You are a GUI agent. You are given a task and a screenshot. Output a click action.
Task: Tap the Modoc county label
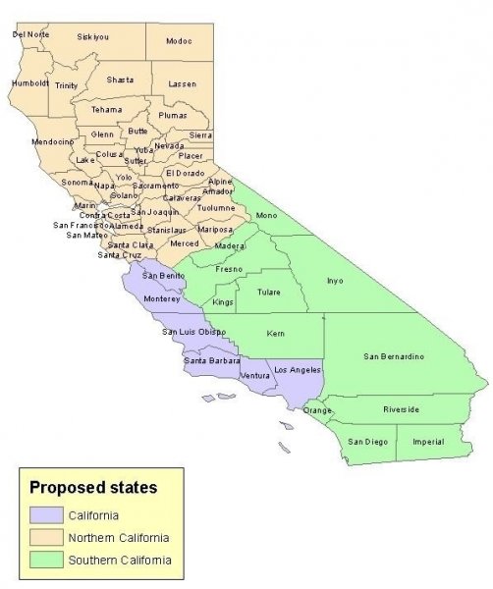pyautogui.click(x=179, y=40)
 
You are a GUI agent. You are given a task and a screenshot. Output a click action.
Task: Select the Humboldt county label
pyautogui.click(x=30, y=83)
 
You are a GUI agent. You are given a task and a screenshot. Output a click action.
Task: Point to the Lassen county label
pyautogui.click(x=183, y=84)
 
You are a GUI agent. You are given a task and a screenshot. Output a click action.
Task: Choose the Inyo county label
pyautogui.click(x=335, y=281)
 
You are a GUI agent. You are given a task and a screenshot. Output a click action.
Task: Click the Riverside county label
pyautogui.click(x=402, y=408)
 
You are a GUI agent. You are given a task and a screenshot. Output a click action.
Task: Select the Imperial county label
pyautogui.click(x=429, y=442)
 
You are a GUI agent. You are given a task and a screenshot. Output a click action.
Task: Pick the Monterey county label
pyautogui.click(x=162, y=298)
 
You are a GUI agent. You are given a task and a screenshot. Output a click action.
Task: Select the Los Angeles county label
pyautogui.click(x=297, y=369)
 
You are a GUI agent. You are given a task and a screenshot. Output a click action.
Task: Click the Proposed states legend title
pyautogui.click(x=92, y=486)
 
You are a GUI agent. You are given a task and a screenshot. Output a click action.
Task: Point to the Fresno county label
pyautogui.click(x=230, y=268)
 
